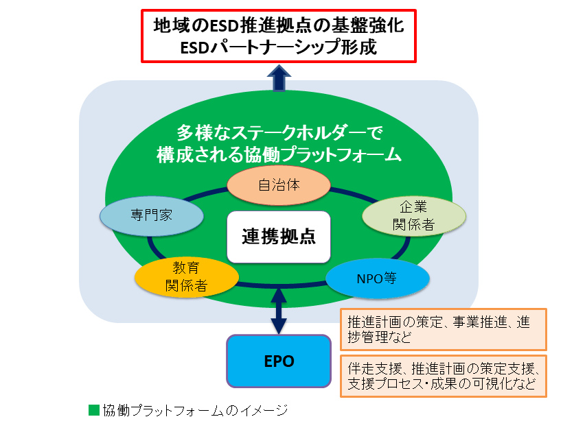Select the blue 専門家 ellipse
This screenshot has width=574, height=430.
[x=152, y=215]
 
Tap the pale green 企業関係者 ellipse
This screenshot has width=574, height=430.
[x=413, y=216]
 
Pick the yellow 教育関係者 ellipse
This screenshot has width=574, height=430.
[x=186, y=276]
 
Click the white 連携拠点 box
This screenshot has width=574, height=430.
[x=279, y=237]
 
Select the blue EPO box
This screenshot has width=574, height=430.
[x=279, y=361]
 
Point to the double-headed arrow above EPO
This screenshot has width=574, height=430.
[x=279, y=311]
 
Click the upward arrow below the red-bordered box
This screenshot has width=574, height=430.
[x=279, y=77]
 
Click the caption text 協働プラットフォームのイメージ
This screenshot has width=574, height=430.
[x=195, y=411]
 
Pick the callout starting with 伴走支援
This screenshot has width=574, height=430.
[x=443, y=375]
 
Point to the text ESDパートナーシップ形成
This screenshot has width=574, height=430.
[x=278, y=47]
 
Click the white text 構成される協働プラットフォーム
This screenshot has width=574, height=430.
[x=279, y=154]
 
